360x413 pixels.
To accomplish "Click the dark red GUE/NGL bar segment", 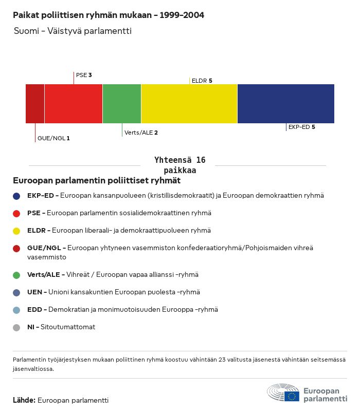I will [35, 104].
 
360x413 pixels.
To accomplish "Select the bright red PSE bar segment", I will [74, 104].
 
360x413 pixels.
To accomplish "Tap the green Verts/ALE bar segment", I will [122, 104].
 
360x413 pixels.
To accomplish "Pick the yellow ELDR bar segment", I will [189, 104].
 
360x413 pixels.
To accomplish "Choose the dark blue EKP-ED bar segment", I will [286, 104].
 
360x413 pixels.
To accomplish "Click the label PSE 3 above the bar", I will [84, 75].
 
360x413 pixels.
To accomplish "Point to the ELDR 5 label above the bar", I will [202, 81].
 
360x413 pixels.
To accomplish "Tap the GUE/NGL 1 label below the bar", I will [53, 138].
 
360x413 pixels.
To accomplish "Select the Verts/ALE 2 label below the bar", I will [141, 133].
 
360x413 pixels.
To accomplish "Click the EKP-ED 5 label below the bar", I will [301, 127].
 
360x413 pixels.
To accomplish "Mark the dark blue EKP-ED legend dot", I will [16, 196].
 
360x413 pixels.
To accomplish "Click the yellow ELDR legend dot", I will [16, 231].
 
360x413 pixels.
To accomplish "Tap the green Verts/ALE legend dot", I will [16, 275].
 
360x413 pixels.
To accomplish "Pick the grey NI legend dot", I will [16, 327].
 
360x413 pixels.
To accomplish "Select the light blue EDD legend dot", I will [16, 310].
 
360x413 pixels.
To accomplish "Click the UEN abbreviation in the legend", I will [35, 292].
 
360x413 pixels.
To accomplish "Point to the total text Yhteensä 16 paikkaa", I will [180, 165].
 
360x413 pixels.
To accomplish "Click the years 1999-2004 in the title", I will [182, 15].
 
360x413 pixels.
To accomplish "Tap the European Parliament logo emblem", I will [283, 393].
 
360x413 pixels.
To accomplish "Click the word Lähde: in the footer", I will [24, 400].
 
